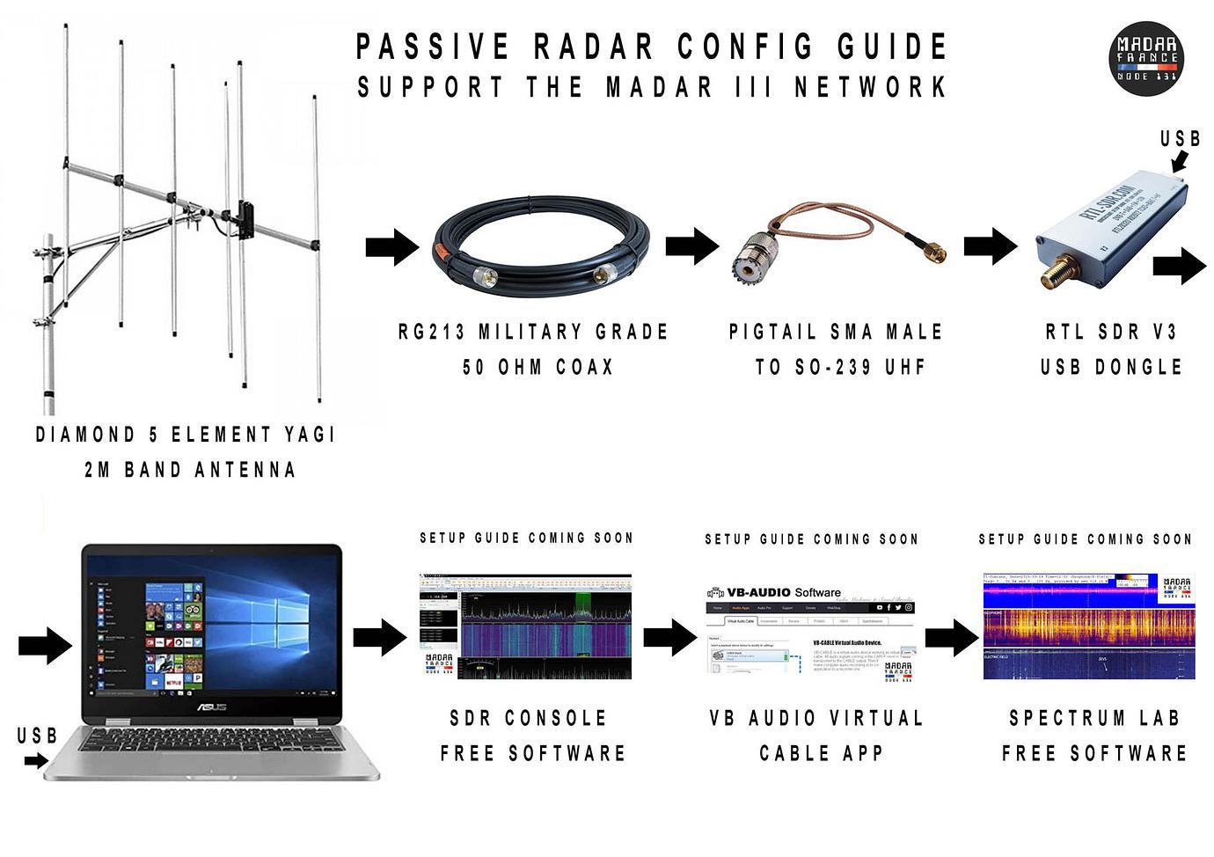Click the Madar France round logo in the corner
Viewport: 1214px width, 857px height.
(x=1146, y=59)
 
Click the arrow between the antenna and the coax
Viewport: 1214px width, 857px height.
(x=391, y=246)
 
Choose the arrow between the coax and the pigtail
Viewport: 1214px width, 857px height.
(x=691, y=245)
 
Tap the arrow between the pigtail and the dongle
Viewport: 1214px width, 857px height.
(x=990, y=245)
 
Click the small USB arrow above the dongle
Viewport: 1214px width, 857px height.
(x=1179, y=160)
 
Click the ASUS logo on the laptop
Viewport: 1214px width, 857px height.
(x=211, y=707)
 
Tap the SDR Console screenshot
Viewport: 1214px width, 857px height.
(x=525, y=626)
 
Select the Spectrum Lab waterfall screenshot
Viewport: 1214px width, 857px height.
(x=1088, y=626)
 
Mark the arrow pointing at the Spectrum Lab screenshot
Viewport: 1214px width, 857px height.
(x=951, y=636)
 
